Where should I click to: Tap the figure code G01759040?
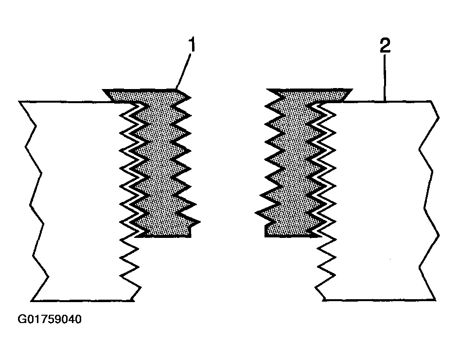[x=50, y=320]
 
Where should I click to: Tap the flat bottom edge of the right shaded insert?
[x=292, y=236]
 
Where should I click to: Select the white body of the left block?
[x=78, y=195]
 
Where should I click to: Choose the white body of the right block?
[x=379, y=195]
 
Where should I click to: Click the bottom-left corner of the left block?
[x=32, y=300]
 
